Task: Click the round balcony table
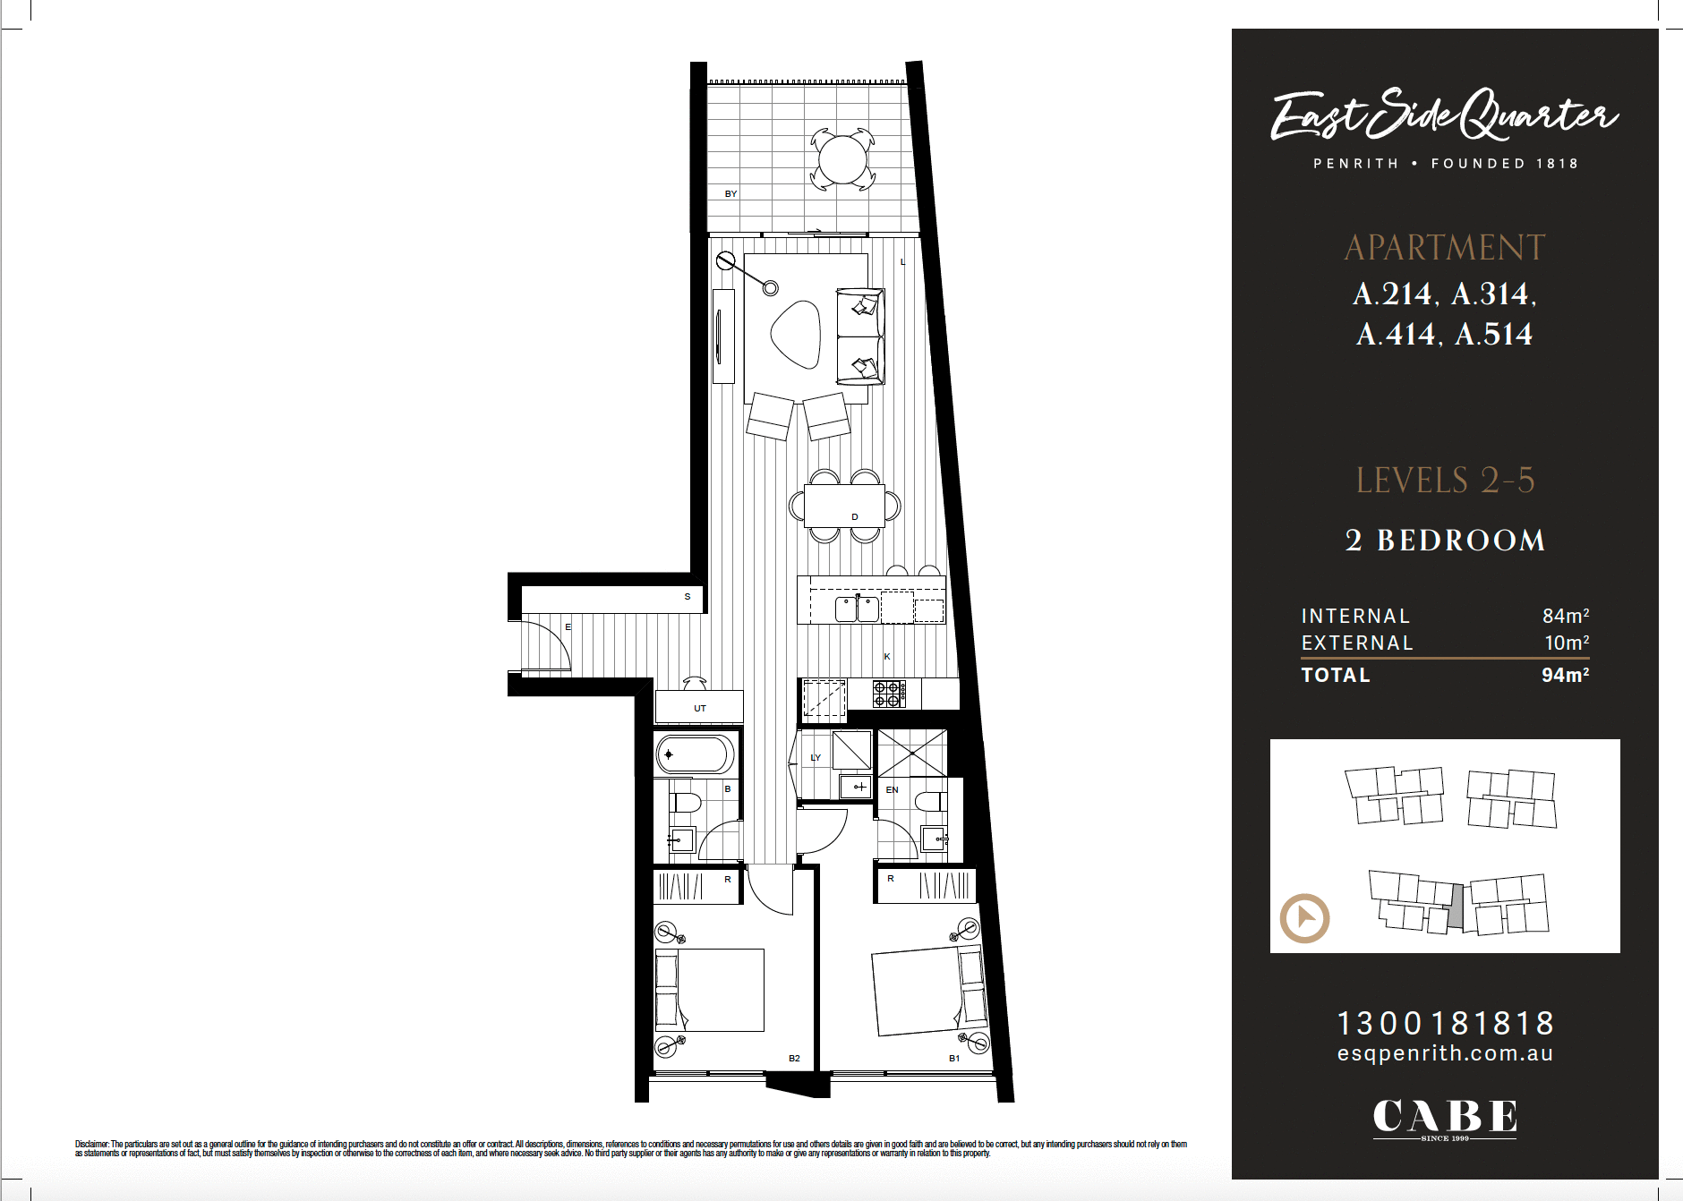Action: (842, 160)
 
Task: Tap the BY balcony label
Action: (730, 193)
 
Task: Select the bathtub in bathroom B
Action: (695, 754)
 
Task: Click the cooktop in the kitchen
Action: (889, 693)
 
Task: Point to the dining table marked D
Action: (844, 507)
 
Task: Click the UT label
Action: (700, 708)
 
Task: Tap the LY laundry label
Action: (816, 757)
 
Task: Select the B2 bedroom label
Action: (794, 1058)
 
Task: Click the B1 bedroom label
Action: (954, 1058)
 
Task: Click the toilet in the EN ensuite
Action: (929, 800)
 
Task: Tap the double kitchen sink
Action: (857, 609)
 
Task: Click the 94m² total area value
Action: (1565, 675)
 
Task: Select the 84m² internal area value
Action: (1565, 616)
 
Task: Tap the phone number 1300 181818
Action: (1445, 1023)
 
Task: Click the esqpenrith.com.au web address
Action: (1445, 1053)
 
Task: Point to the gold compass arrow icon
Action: (1304, 918)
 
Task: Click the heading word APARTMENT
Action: (1445, 248)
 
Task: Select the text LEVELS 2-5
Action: (1445, 481)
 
